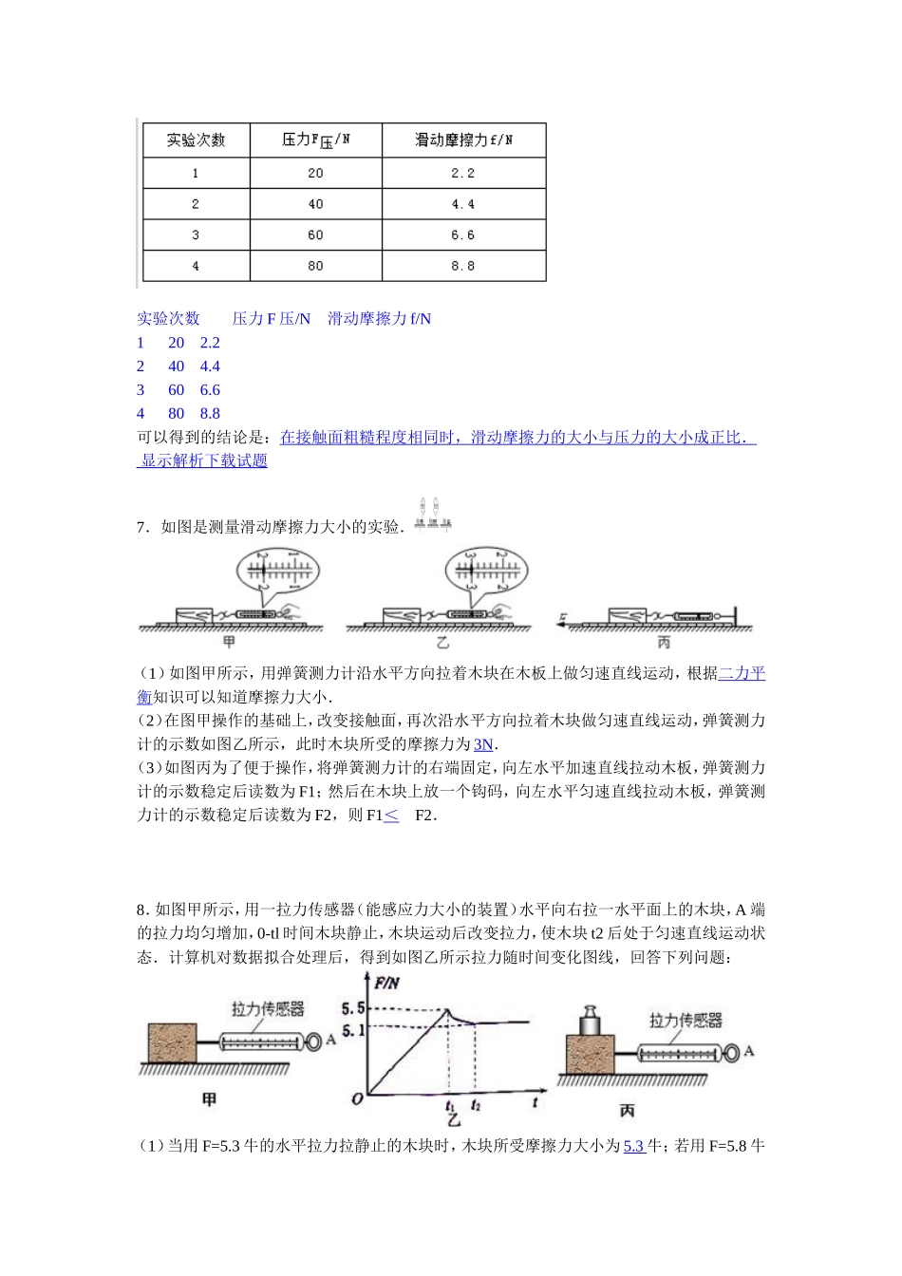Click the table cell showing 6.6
(x=462, y=235)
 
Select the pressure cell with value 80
(x=315, y=266)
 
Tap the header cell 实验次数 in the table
(x=196, y=140)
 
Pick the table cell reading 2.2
(x=462, y=173)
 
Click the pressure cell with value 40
(x=315, y=204)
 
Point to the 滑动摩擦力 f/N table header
(x=463, y=140)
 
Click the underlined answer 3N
(x=483, y=744)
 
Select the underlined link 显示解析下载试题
(x=204, y=460)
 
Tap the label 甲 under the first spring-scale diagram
(x=229, y=643)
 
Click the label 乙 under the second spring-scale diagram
(x=442, y=643)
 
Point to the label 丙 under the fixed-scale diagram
(x=664, y=643)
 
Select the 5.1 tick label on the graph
(x=352, y=1030)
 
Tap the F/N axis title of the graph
(x=386, y=984)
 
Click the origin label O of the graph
(x=357, y=1098)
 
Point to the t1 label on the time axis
(x=450, y=1105)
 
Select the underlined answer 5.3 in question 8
(x=633, y=1146)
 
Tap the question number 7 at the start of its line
(x=141, y=527)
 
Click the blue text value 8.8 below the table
(x=210, y=413)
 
